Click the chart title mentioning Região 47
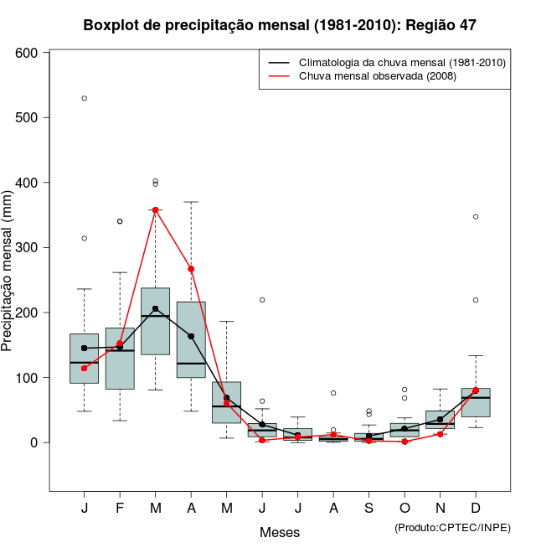click(280, 25)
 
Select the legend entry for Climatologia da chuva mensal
click(401, 63)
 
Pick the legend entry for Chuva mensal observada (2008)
click(384, 76)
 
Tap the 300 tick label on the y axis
click(28, 247)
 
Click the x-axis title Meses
click(280, 532)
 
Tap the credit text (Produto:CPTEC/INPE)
click(452, 527)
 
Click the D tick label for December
click(476, 509)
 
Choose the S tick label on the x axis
click(369, 509)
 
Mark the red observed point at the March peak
click(155, 209)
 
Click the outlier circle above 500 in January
click(84, 98)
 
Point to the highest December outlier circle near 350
click(476, 216)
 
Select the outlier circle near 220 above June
click(262, 299)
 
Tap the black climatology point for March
click(155, 308)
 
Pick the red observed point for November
click(440, 434)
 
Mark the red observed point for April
click(191, 269)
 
